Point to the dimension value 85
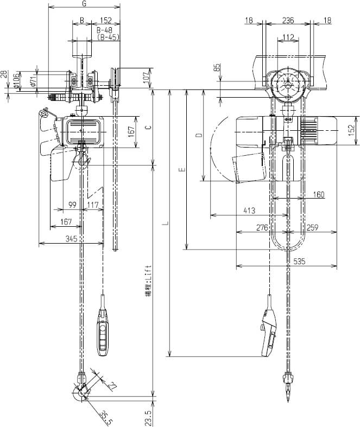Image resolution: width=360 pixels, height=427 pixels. pyautogui.click(x=217, y=68)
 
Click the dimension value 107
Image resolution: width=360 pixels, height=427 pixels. pyautogui.click(x=147, y=77)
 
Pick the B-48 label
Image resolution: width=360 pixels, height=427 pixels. pyautogui.click(x=105, y=30)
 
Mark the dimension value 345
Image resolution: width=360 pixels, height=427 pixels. pyautogui.click(x=71, y=238)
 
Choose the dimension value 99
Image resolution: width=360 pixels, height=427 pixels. pyautogui.click(x=72, y=205)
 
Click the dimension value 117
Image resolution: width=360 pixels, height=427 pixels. pyautogui.click(x=93, y=205)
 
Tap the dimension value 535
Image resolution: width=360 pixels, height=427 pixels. pyautogui.click(x=299, y=261)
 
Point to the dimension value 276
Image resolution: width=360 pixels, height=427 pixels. pyautogui.click(x=262, y=227)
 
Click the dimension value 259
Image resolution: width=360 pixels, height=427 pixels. pyautogui.click(x=312, y=227)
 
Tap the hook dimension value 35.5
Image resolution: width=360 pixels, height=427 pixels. pyautogui.click(x=106, y=417)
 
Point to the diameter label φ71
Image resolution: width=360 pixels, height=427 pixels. pyautogui.click(x=34, y=80)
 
